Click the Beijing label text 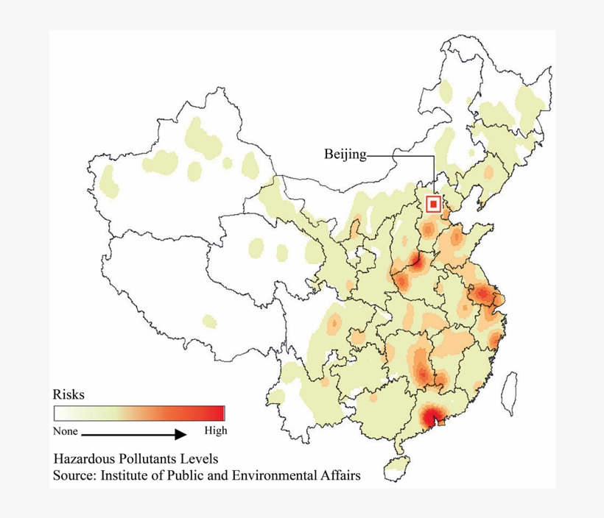click(x=345, y=155)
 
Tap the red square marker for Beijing click(x=435, y=203)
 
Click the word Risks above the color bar click(x=68, y=394)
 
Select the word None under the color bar click(x=65, y=431)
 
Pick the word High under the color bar click(x=215, y=431)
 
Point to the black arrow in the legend click(x=133, y=435)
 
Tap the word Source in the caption click(x=71, y=476)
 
